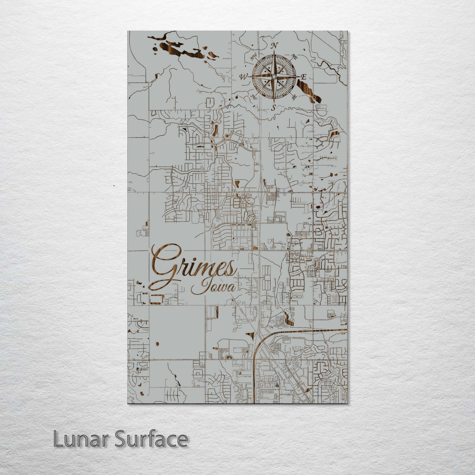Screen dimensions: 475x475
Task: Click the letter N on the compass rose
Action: point(274,45)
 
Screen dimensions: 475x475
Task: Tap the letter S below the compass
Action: point(273,107)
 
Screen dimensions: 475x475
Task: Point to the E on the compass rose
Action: point(303,76)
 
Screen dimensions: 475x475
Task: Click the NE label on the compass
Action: point(295,57)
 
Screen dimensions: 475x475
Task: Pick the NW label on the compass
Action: point(253,57)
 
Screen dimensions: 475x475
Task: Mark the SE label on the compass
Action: point(294,96)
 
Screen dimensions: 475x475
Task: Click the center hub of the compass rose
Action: point(274,77)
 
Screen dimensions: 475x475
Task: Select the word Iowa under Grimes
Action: point(213,286)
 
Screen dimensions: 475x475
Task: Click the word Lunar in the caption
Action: point(81,439)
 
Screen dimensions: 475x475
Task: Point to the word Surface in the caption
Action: point(151,439)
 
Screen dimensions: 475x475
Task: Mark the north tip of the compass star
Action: point(274,52)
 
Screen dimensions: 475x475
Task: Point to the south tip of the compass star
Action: point(274,101)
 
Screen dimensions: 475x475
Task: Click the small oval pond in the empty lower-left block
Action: point(157,343)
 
